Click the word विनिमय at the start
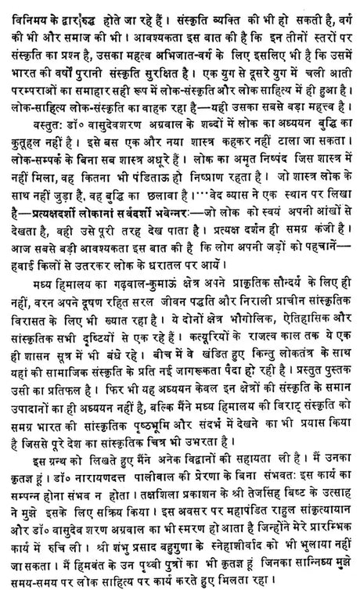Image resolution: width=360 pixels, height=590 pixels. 25,12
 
